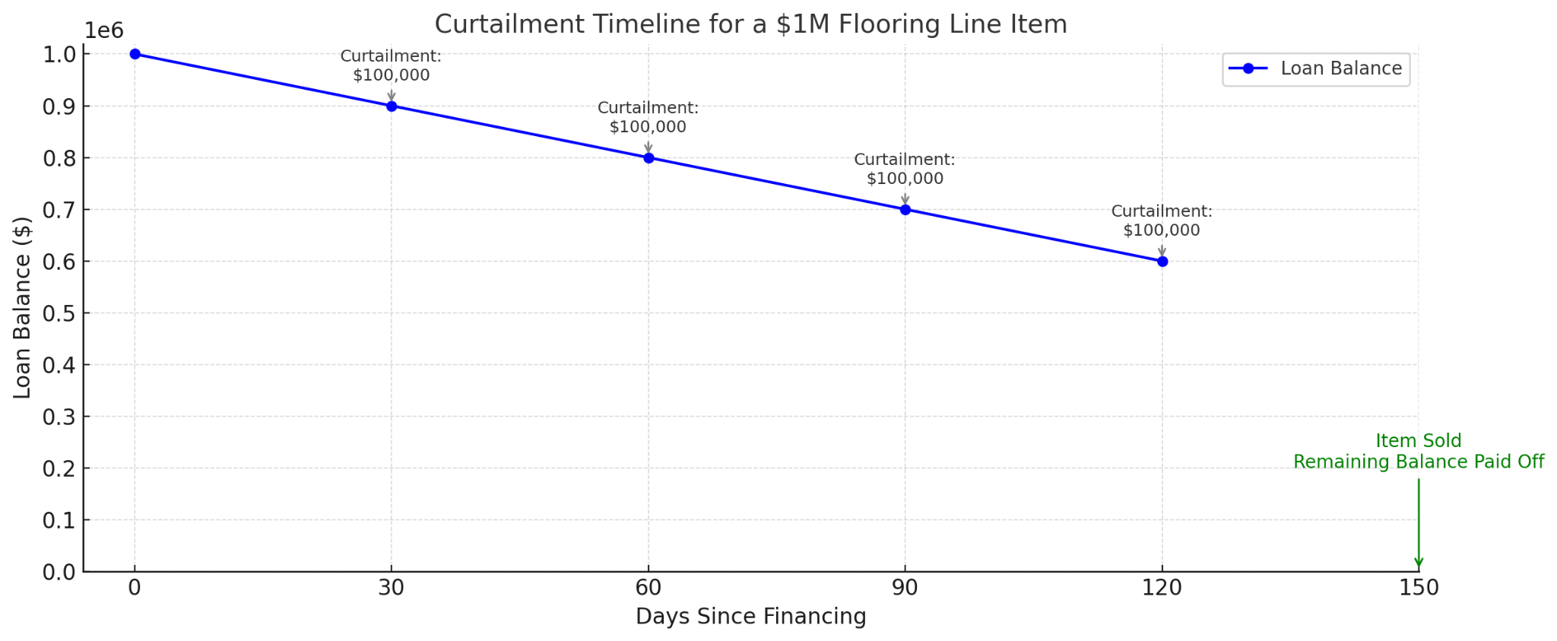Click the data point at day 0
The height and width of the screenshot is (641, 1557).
135,54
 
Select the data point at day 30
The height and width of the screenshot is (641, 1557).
392,106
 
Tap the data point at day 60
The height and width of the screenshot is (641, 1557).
648,157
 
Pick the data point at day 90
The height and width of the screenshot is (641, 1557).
905,209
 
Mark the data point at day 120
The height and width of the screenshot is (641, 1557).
1162,261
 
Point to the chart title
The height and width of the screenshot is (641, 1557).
750,24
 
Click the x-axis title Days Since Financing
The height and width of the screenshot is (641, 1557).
750,616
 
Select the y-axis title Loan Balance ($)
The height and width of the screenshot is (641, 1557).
23,307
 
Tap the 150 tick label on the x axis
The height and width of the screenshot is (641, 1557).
1419,588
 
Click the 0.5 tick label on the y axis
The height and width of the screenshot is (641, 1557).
59,313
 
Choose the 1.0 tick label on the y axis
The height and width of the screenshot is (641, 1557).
59,55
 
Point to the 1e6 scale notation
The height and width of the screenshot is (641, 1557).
103,31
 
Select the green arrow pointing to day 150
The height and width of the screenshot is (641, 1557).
1419,525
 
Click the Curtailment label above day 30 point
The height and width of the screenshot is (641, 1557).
391,65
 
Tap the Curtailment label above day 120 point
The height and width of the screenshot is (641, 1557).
1162,221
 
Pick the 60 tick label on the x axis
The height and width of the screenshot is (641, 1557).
648,588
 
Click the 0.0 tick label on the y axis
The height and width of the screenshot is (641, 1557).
59,572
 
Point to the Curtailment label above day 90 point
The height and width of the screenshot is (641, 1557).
905,169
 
